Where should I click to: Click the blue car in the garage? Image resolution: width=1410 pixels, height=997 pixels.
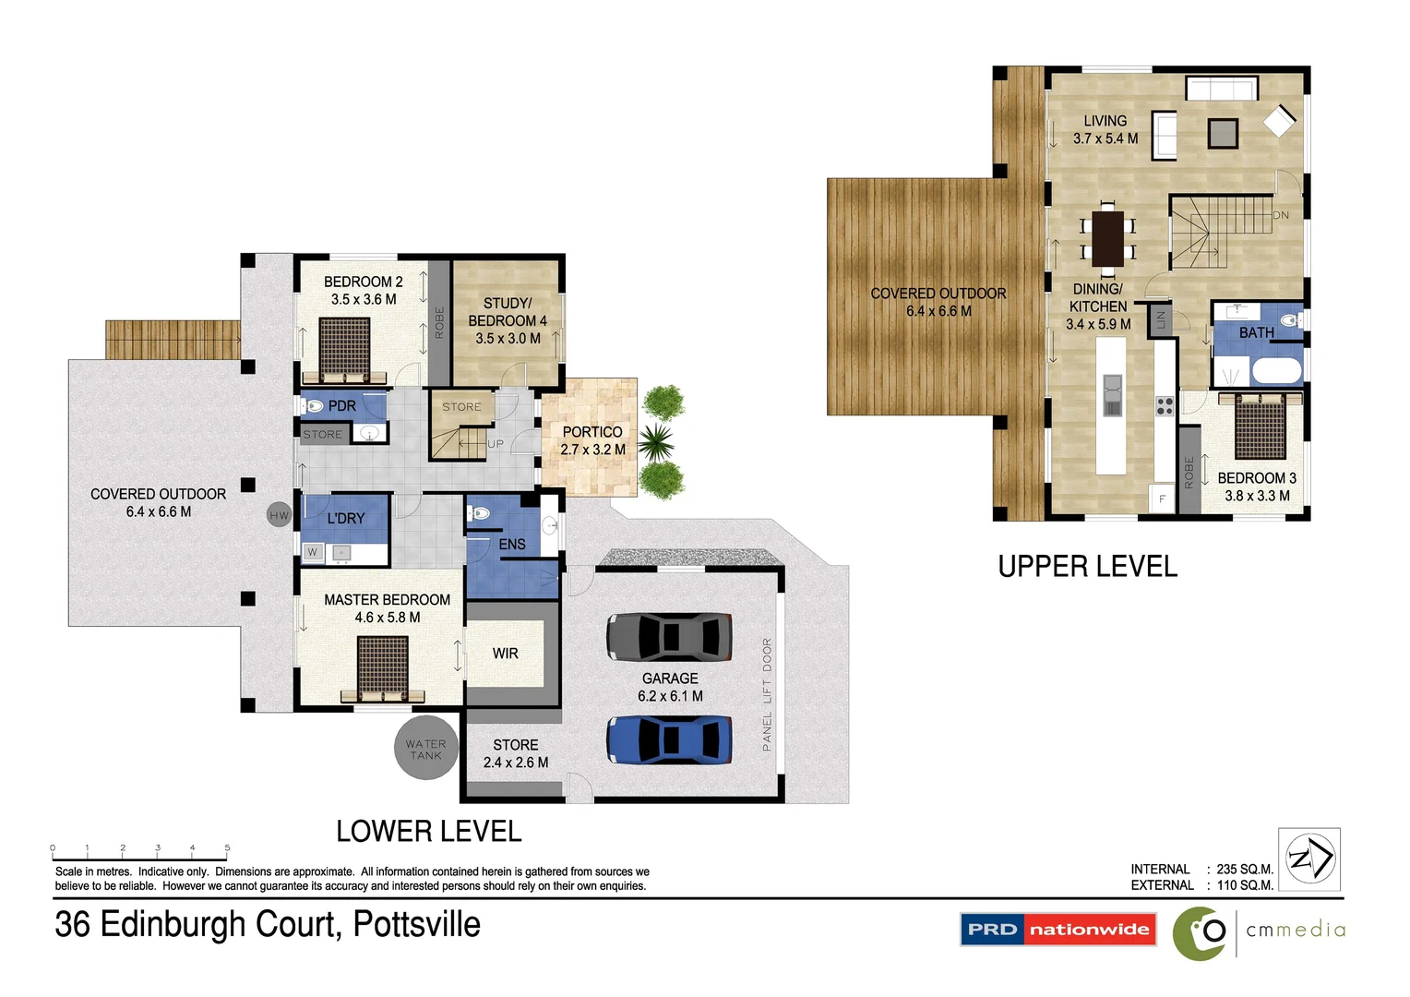pyautogui.click(x=669, y=739)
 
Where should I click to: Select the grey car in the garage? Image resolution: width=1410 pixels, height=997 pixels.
pyautogui.click(x=669, y=636)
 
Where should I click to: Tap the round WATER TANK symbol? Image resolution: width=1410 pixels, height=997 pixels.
pyautogui.click(x=425, y=749)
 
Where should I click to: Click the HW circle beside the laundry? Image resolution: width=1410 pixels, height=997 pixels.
pyautogui.click(x=279, y=515)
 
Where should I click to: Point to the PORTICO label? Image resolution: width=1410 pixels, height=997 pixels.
pyautogui.click(x=592, y=432)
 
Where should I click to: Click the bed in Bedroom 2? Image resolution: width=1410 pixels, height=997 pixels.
pyautogui.click(x=344, y=349)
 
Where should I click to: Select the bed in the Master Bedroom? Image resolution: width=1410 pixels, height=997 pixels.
pyautogui.click(x=382, y=667)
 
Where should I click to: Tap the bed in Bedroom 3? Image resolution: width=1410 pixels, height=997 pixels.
pyautogui.click(x=1260, y=426)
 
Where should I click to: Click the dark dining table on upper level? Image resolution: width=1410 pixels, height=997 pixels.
pyautogui.click(x=1107, y=238)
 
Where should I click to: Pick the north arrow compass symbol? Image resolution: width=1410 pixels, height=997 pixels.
pyautogui.click(x=1309, y=859)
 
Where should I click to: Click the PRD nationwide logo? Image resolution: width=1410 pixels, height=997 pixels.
pyautogui.click(x=1058, y=930)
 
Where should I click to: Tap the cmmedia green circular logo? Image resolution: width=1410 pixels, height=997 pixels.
pyautogui.click(x=1201, y=932)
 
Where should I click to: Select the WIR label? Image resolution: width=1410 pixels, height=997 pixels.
pyautogui.click(x=505, y=654)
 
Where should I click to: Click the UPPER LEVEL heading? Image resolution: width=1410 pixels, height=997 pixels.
pyautogui.click(x=1087, y=567)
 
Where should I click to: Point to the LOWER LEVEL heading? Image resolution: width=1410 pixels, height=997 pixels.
pyautogui.click(x=428, y=832)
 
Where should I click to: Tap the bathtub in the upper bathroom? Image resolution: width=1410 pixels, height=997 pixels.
pyautogui.click(x=1276, y=371)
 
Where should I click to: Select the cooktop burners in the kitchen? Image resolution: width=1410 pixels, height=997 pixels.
pyautogui.click(x=1165, y=405)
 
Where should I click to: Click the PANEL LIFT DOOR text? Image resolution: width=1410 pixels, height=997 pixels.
pyautogui.click(x=767, y=694)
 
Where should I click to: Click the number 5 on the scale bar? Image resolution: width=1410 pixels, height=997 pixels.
pyautogui.click(x=227, y=847)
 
